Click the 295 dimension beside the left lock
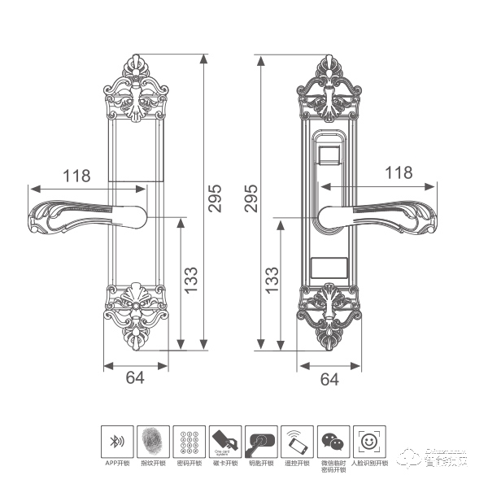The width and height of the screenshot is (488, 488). (x=215, y=198)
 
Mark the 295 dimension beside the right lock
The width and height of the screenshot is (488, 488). (x=251, y=198)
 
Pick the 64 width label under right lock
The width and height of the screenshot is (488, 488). (x=330, y=379)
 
